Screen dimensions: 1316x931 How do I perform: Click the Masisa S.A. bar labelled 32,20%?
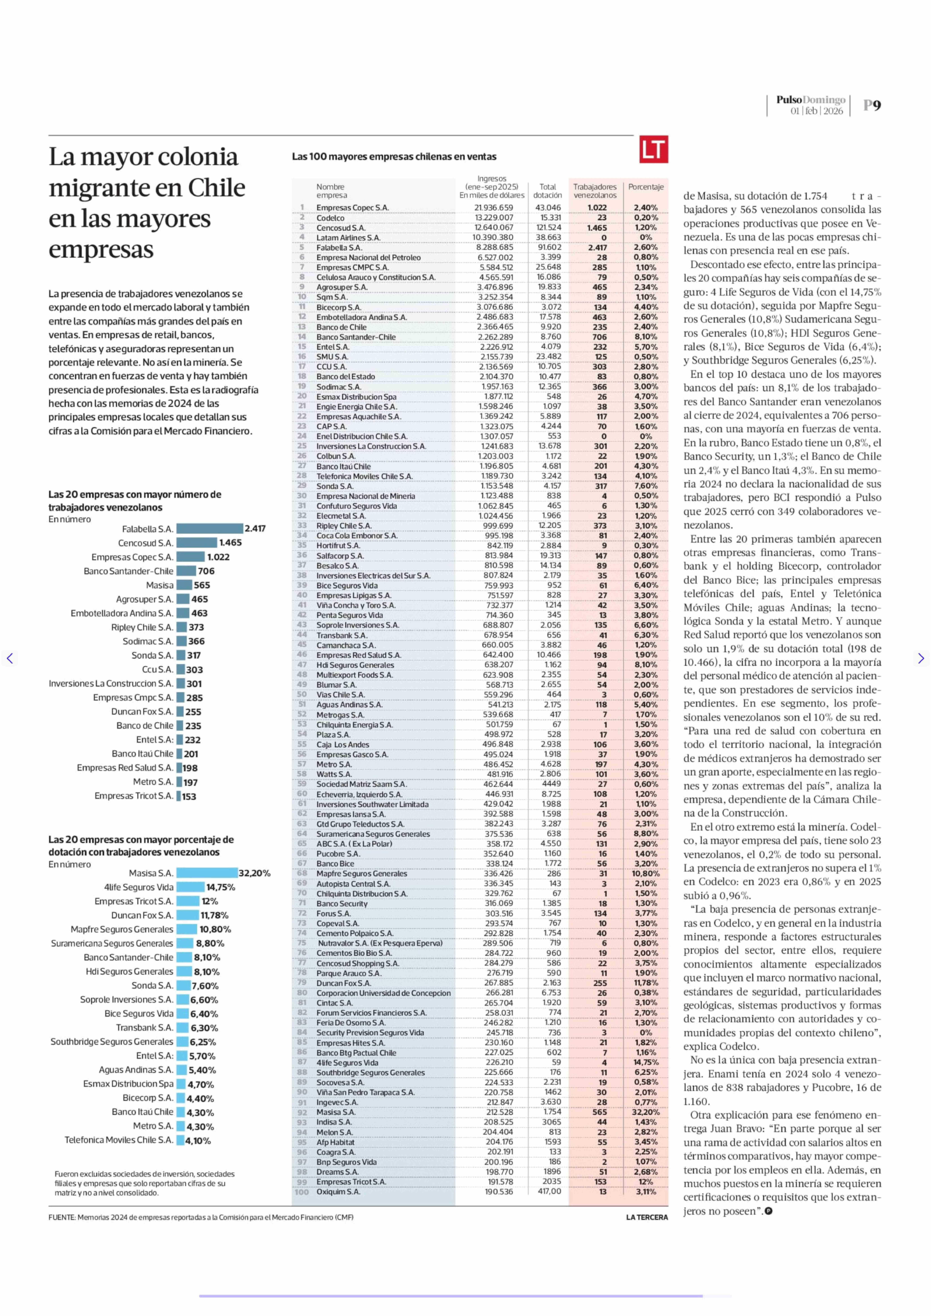(207, 873)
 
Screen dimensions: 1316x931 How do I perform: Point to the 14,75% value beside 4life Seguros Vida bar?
(221, 887)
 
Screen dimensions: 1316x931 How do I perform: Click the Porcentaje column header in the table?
(646, 187)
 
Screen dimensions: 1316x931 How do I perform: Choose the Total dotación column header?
(547, 191)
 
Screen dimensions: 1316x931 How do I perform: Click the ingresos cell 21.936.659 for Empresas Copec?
(494, 207)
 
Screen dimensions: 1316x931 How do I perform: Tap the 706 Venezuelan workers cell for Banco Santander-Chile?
(599, 337)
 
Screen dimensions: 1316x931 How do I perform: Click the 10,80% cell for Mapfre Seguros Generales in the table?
(646, 874)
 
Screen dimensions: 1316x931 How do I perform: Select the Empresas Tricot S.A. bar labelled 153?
(178, 796)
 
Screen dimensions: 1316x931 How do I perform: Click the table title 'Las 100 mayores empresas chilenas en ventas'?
(394, 157)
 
